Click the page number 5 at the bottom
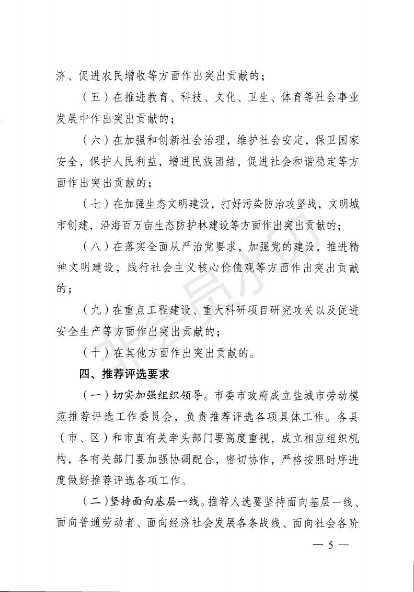tap(330, 545)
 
